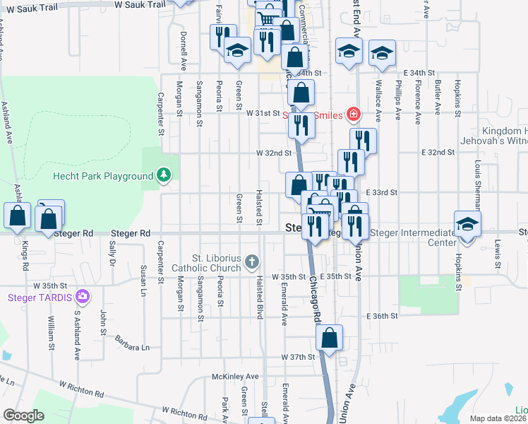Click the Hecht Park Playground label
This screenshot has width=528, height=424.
(x=103, y=176)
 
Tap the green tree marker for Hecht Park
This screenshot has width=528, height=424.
(x=164, y=175)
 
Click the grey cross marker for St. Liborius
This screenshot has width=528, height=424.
(x=251, y=264)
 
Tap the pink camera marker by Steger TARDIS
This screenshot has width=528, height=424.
(x=83, y=295)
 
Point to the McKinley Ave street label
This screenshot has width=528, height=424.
(x=236, y=377)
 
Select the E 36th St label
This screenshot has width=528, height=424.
(x=382, y=316)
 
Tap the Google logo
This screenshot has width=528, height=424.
(x=24, y=416)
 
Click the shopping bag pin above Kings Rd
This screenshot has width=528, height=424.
(x=18, y=216)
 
